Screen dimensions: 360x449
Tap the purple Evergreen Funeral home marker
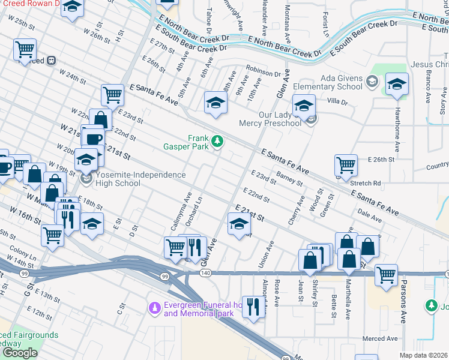tap(155, 308)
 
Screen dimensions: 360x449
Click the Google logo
tap(20, 353)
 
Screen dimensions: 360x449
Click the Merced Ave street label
tap(380, 339)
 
